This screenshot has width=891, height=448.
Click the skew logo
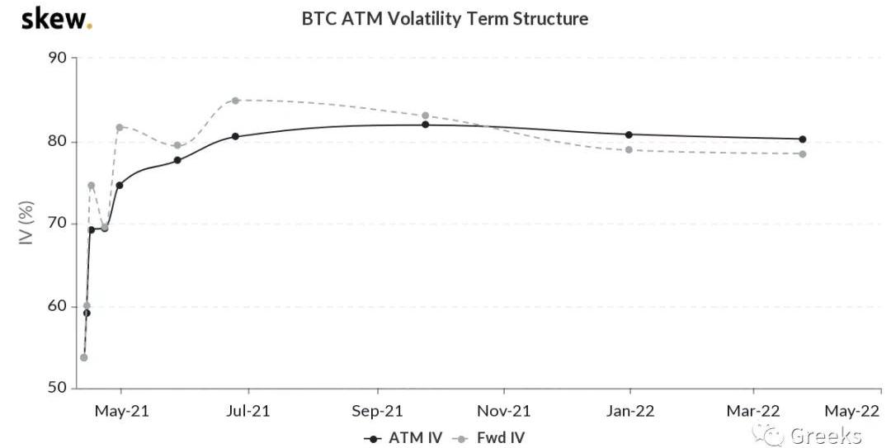(x=56, y=19)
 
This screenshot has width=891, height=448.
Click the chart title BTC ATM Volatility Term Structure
(x=445, y=18)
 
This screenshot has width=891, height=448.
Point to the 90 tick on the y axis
(x=60, y=59)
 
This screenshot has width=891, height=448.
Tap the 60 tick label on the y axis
(x=60, y=306)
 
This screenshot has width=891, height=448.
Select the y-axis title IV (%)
(x=26, y=224)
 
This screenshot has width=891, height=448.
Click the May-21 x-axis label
(x=121, y=410)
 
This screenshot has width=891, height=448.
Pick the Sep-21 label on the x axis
(x=378, y=410)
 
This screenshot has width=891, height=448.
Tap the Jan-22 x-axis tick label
(x=630, y=410)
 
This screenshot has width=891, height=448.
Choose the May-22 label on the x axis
(x=852, y=410)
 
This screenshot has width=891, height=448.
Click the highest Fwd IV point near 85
(x=235, y=101)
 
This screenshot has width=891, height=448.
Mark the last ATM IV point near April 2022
(x=802, y=139)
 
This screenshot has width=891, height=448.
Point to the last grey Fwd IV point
(x=802, y=154)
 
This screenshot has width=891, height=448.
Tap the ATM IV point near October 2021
(x=425, y=125)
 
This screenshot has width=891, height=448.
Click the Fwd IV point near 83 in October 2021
(x=425, y=116)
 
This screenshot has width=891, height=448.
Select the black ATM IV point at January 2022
(x=629, y=134)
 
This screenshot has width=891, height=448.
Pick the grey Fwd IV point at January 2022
(x=629, y=149)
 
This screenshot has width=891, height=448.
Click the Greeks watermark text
(x=825, y=436)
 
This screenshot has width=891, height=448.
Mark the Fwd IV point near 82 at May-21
(x=120, y=127)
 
